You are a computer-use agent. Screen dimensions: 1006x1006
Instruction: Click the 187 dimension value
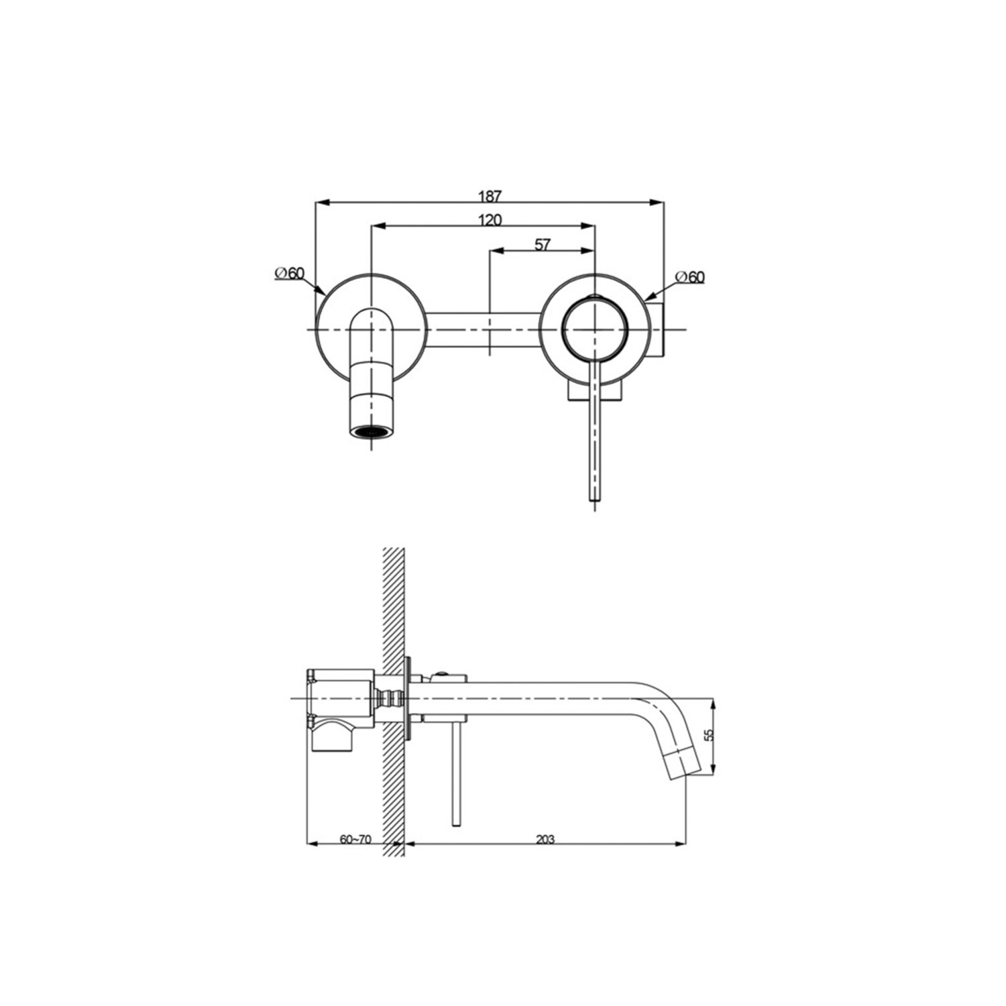(490, 196)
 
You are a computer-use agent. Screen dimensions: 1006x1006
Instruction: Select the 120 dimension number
(490, 220)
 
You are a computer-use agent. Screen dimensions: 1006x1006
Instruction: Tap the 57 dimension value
(542, 245)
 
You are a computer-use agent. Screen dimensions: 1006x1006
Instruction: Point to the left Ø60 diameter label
(290, 273)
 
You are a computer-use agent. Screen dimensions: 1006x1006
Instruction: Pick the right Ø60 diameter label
(690, 276)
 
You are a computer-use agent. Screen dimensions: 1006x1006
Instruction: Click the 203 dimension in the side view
(545, 839)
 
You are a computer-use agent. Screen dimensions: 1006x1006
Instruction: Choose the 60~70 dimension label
(355, 839)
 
